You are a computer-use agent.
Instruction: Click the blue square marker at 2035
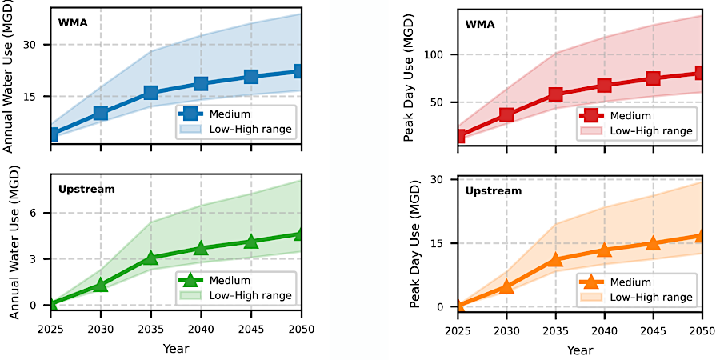click(x=150, y=93)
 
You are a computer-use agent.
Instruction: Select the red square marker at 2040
click(x=604, y=86)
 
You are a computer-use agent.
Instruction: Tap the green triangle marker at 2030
click(x=101, y=284)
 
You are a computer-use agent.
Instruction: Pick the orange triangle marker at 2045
click(x=653, y=243)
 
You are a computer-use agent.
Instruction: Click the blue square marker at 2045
click(x=251, y=77)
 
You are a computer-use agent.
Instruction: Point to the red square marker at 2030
click(x=506, y=114)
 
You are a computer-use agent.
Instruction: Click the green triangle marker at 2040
click(x=201, y=249)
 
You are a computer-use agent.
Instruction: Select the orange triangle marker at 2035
click(x=555, y=259)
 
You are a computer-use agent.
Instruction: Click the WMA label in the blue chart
click(x=72, y=22)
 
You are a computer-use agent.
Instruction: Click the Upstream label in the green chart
click(x=86, y=190)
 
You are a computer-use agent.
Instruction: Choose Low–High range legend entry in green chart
click(x=250, y=296)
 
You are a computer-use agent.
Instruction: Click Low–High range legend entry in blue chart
click(x=250, y=128)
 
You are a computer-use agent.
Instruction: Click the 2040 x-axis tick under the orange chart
click(x=604, y=330)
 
